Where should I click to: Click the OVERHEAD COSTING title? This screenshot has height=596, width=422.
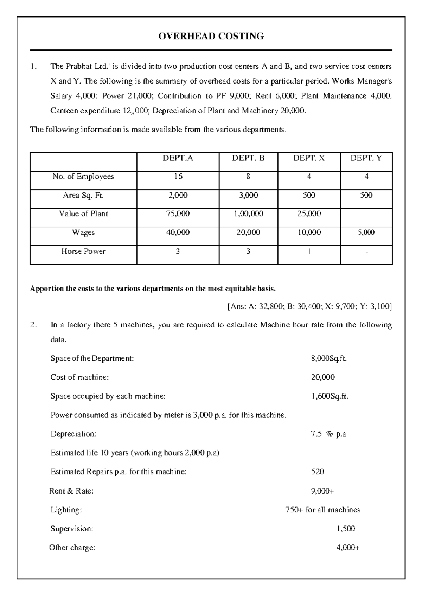point(211,36)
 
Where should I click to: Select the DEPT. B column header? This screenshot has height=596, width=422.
point(248,158)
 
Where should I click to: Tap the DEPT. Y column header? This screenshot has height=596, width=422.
point(366,158)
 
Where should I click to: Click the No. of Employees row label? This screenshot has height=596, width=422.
point(83,177)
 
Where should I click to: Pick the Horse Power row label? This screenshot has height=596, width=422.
point(83,251)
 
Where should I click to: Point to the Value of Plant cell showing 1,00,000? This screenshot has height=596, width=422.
point(248,214)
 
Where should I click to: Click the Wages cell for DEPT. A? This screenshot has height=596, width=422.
point(178,232)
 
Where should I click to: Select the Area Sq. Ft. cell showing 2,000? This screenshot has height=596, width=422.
point(178,195)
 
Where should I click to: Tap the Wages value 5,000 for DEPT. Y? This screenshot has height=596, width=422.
point(366,232)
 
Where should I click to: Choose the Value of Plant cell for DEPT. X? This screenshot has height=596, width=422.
point(309,214)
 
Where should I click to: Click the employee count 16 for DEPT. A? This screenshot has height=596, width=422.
point(178,177)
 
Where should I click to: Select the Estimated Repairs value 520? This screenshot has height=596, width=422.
point(318,471)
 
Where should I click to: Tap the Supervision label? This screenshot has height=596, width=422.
point(72,529)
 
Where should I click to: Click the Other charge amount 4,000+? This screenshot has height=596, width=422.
point(348,548)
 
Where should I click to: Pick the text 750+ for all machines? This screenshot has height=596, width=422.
point(322,510)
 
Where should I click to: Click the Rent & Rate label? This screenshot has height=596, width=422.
point(71,491)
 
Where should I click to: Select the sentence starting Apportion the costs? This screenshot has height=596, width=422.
point(153,289)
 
